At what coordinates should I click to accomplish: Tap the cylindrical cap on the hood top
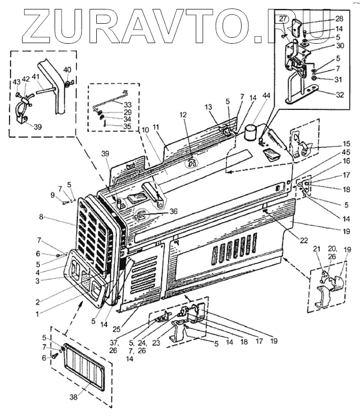(251, 131)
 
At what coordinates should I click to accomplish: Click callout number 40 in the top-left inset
(67, 70)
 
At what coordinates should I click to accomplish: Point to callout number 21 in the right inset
(316, 249)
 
